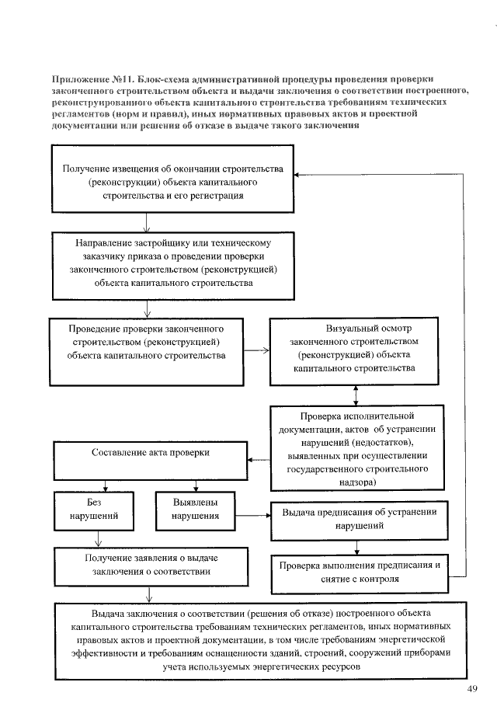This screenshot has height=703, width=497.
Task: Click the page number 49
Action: (x=473, y=688)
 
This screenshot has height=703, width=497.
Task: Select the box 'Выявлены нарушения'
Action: (x=196, y=508)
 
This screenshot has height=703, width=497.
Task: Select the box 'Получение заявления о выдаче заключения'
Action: (x=151, y=566)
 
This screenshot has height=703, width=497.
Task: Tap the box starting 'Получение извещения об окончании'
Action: (x=172, y=183)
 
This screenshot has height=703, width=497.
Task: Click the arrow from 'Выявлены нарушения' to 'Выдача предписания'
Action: (x=252, y=516)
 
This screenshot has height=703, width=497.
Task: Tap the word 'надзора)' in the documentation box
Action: (x=359, y=482)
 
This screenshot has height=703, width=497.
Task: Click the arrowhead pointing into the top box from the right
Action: (x=304, y=174)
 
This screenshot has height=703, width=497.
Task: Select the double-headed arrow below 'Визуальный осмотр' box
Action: (x=356, y=395)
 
